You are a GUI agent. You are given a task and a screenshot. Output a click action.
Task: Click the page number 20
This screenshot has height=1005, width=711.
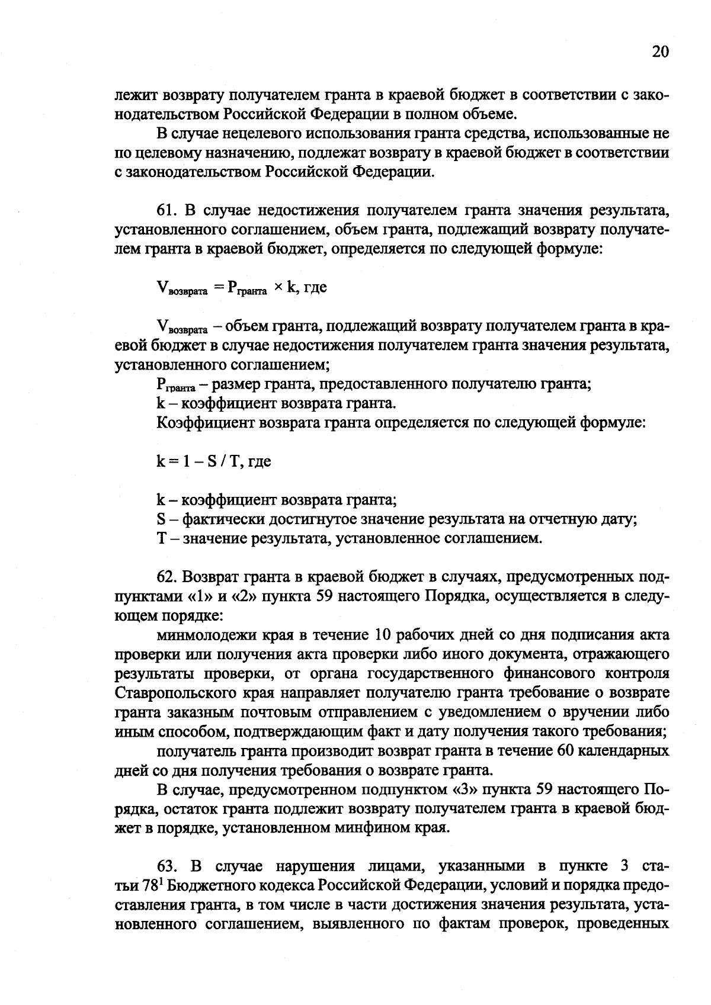click(660, 52)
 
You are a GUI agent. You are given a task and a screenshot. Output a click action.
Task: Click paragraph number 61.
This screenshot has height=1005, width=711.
click(166, 210)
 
